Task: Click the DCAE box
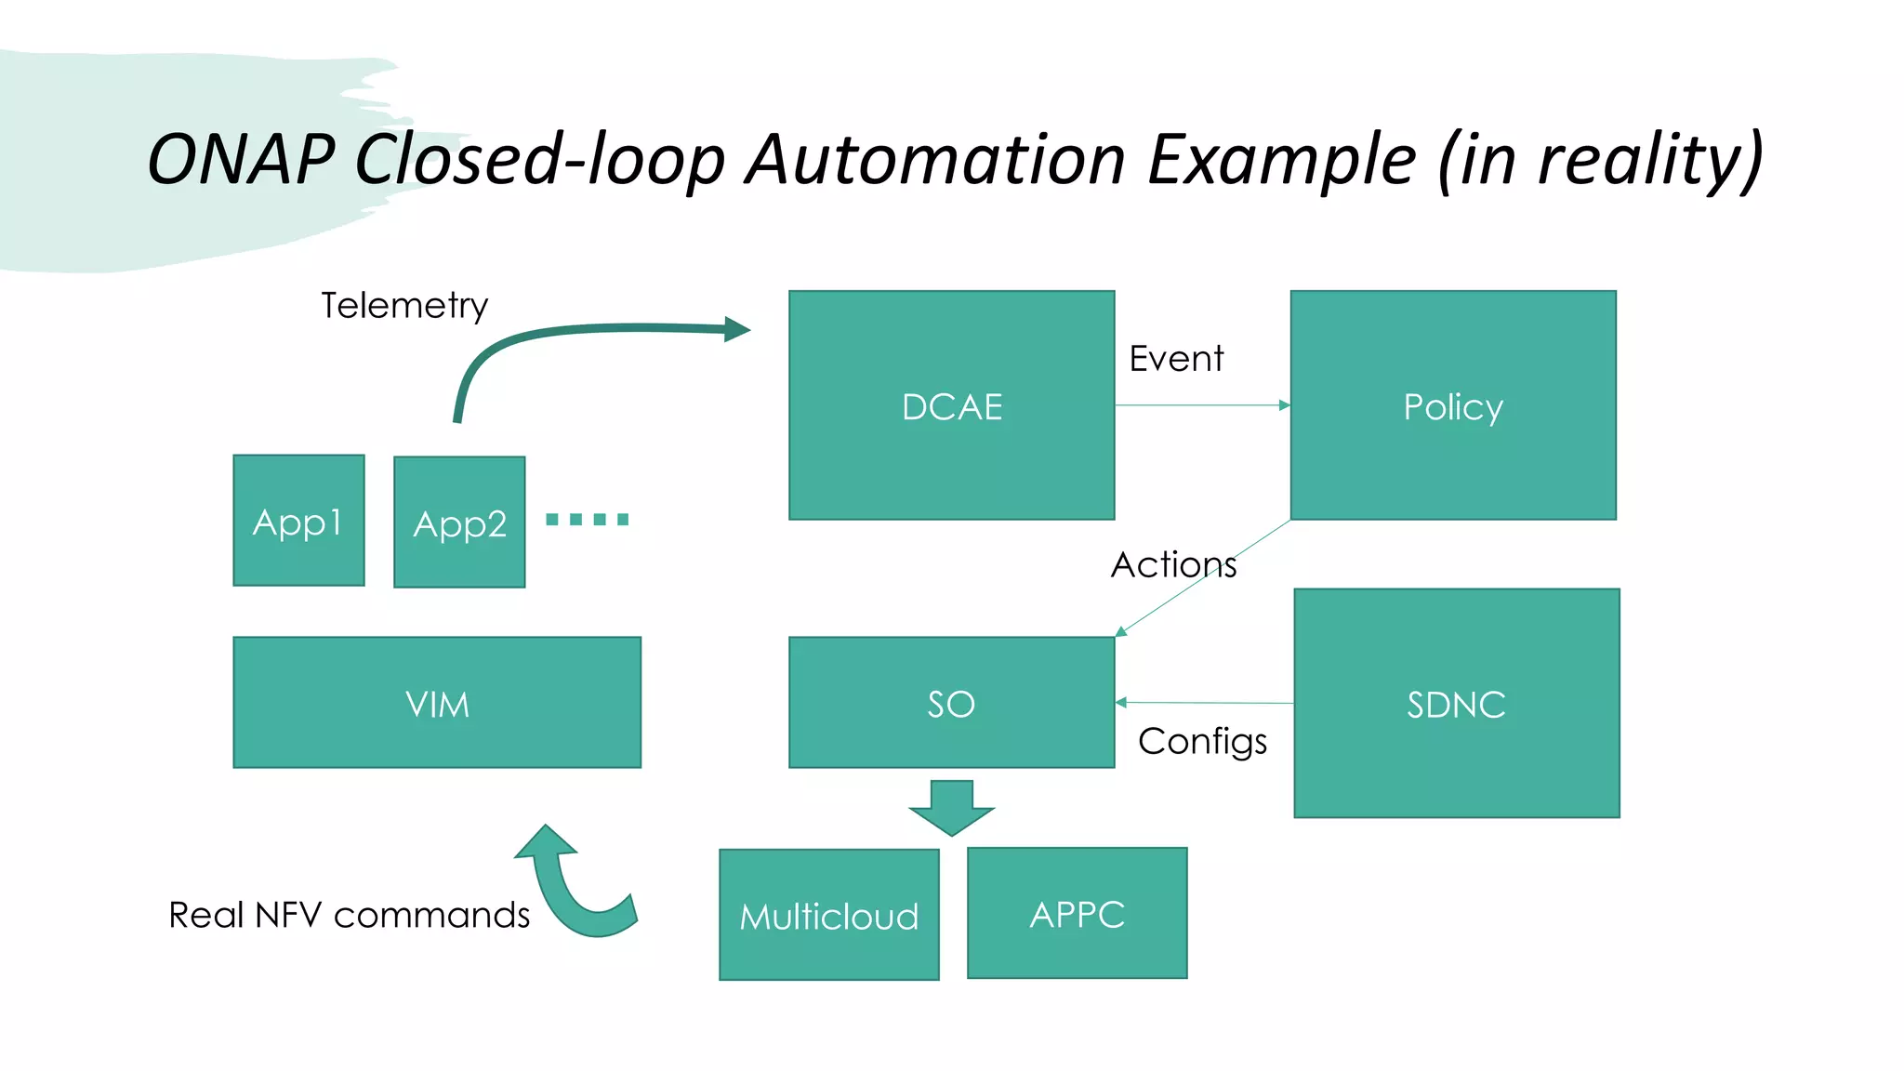(x=951, y=405)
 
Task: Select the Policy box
(x=1452, y=405)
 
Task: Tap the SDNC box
(x=1456, y=704)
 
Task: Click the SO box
(x=951, y=703)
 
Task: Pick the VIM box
(x=437, y=703)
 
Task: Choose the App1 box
(x=298, y=521)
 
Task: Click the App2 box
(x=459, y=522)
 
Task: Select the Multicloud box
(x=828, y=915)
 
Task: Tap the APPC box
(x=1077, y=913)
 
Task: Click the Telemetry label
(x=404, y=306)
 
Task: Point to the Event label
(x=1176, y=359)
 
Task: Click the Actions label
(x=1173, y=564)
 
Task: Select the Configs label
(x=1202, y=741)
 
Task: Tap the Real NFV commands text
(x=349, y=915)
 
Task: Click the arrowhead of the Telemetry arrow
(x=736, y=329)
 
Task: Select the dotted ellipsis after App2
(x=587, y=520)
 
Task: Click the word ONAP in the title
(x=242, y=160)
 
